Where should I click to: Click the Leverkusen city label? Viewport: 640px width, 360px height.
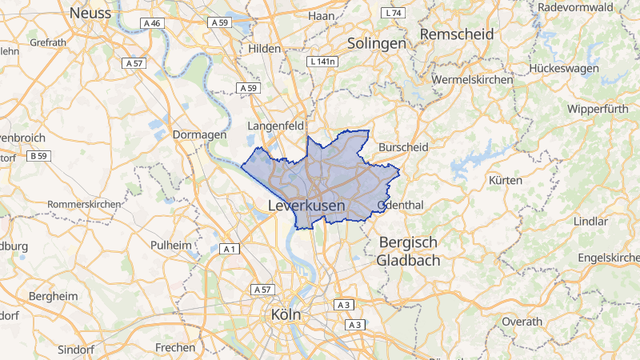point(306,206)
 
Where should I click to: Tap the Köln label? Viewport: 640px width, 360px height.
point(286,314)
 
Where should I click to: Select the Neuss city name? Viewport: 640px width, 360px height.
point(90,13)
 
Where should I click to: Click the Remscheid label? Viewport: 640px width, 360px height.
point(457,34)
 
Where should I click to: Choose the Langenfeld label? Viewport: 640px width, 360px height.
point(277,126)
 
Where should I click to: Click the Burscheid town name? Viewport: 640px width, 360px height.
point(404,147)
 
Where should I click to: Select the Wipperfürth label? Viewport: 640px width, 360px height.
point(599,108)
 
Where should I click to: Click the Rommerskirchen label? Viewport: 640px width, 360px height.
point(84,204)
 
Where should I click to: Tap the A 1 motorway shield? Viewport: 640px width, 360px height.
point(230,250)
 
